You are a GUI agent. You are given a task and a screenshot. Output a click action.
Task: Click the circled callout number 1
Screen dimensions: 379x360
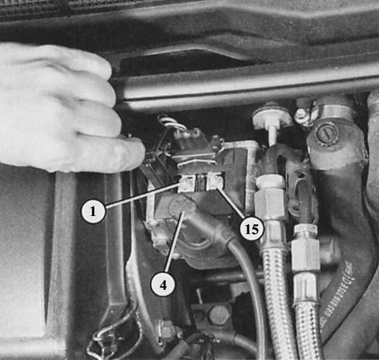coord(93,211)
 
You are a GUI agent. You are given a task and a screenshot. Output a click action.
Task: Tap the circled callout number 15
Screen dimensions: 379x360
coord(252,229)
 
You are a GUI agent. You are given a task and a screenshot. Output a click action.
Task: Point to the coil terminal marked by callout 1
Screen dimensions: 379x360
coord(187,185)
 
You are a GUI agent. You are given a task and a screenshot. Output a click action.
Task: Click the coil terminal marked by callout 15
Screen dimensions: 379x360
coord(214,182)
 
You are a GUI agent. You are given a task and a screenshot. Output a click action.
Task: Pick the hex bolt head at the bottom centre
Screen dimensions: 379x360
coord(217,316)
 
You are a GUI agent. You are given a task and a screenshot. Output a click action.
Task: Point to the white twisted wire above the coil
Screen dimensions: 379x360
coord(171,122)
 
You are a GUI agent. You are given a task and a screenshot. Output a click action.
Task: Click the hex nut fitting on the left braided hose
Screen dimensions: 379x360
coord(270,202)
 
